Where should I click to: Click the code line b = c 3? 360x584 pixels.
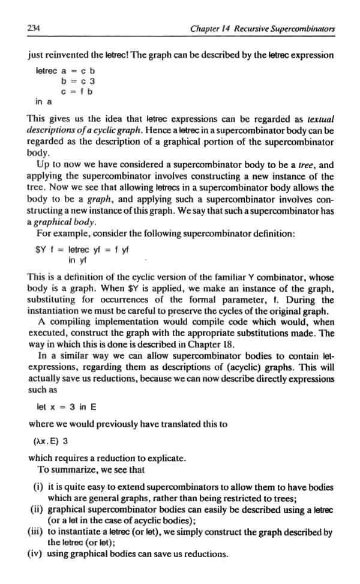coord(78,80)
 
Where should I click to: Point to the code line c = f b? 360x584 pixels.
coord(78,91)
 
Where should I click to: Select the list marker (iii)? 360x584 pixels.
coord(35,531)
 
